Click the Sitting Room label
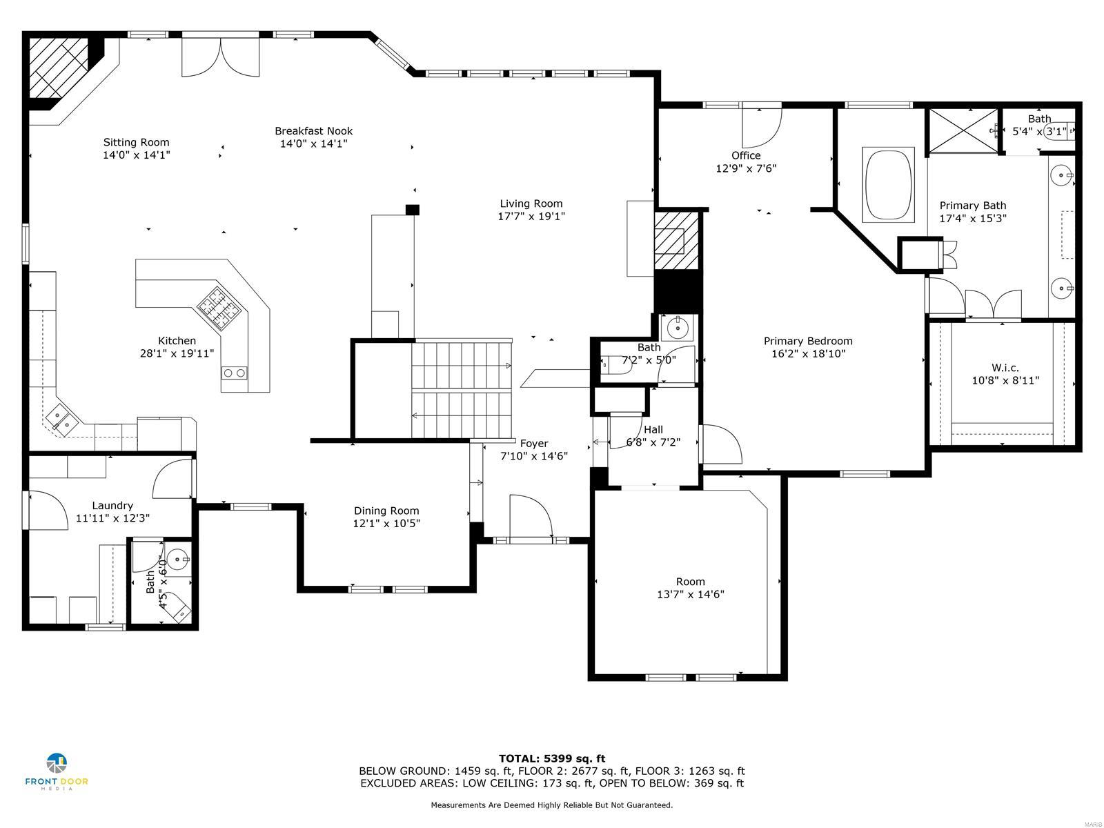[136, 143]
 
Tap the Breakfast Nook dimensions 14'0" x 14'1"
[313, 144]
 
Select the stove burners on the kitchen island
[217, 307]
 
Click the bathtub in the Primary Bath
[889, 184]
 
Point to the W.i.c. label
[1005, 368]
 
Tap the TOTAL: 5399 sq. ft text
[551, 758]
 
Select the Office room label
[746, 155]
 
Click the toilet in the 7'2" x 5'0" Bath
[615, 365]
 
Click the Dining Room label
[386, 511]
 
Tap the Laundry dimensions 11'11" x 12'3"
[112, 517]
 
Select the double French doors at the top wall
[221, 57]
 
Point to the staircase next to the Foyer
[461, 390]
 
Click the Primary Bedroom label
[807, 341]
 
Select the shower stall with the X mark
[962, 129]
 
